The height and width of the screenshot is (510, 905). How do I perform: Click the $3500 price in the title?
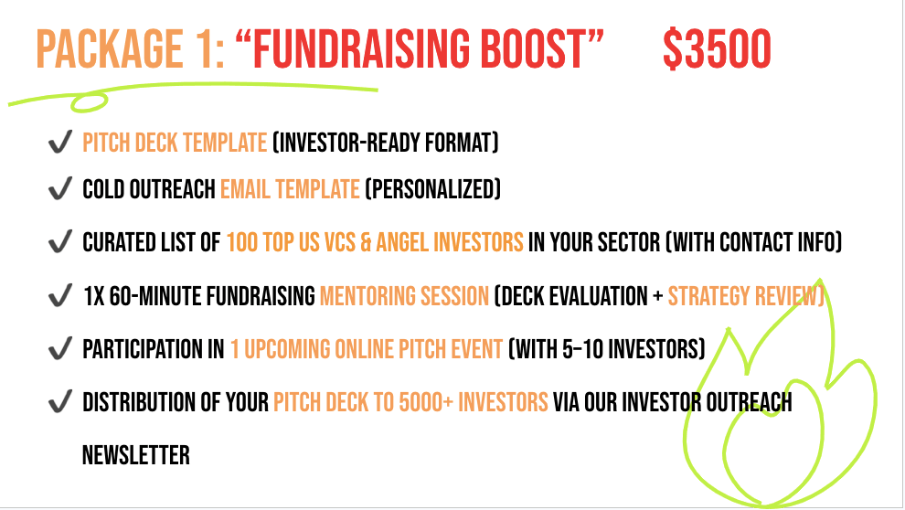tap(717, 49)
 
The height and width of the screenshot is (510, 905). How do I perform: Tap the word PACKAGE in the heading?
tap(110, 49)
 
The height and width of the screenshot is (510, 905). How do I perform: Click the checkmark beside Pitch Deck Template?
tap(60, 142)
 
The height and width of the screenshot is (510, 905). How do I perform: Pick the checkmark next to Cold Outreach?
tap(60, 188)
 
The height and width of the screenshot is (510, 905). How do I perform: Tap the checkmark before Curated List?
tap(60, 241)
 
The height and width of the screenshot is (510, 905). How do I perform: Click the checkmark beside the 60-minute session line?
tap(60, 295)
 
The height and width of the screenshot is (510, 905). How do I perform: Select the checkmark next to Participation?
tap(60, 348)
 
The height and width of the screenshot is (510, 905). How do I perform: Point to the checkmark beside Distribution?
tap(60, 401)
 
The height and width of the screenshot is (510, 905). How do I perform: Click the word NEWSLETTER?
tap(135, 455)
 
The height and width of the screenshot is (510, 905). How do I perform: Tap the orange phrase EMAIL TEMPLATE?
tap(290, 189)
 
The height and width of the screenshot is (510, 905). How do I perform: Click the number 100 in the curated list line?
tap(241, 242)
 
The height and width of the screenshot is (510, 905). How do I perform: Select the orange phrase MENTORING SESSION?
tap(404, 296)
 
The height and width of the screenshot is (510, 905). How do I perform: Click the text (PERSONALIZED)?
tap(433, 189)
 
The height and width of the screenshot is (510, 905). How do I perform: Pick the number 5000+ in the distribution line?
tap(426, 402)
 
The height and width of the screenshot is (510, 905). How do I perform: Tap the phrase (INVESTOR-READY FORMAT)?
tap(386, 143)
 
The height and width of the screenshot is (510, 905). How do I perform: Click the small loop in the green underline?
tap(89, 101)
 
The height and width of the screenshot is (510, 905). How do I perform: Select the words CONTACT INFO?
tap(777, 242)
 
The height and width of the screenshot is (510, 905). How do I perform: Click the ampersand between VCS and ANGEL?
tap(366, 242)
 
